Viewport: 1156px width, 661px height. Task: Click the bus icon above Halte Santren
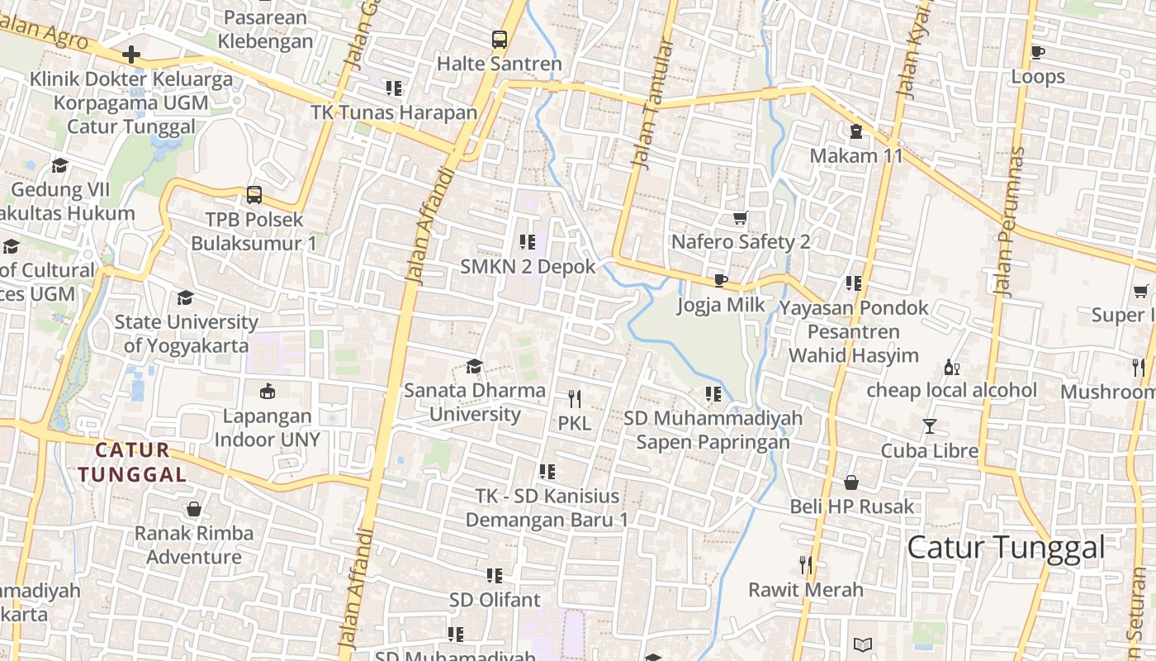tap(500, 39)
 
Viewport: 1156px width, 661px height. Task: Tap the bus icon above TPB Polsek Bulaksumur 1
tap(254, 195)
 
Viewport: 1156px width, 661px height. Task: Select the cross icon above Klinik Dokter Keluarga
tap(130, 55)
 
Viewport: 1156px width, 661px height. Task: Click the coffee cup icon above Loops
tap(1038, 52)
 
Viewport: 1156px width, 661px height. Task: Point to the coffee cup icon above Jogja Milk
tap(721, 280)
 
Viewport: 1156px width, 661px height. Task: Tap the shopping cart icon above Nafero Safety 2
tap(741, 218)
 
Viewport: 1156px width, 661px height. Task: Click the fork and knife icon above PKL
tap(575, 399)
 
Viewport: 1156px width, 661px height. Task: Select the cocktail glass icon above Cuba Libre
tap(930, 426)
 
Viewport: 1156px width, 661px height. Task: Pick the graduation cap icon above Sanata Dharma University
tap(475, 366)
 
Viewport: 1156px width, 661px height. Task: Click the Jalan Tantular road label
tap(653, 103)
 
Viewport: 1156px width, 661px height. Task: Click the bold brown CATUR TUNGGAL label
tap(132, 463)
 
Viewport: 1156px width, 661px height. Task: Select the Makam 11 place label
tap(856, 155)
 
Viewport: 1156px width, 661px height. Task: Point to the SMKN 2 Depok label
tap(528, 266)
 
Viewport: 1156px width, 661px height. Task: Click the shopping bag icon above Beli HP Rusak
tap(851, 483)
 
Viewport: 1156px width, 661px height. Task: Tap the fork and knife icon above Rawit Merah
tap(806, 565)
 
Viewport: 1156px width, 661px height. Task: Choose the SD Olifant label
tap(495, 599)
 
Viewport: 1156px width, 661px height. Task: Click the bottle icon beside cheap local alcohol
tap(951, 367)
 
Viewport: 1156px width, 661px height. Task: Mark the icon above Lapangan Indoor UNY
tap(268, 392)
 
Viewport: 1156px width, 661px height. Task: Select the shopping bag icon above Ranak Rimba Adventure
tap(194, 509)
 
